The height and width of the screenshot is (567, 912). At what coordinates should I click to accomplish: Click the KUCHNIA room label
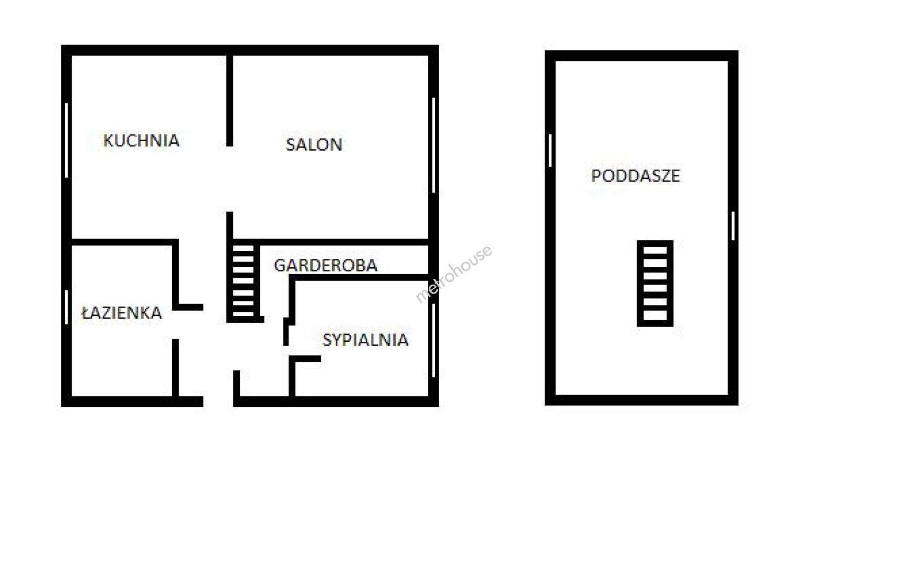click(x=141, y=141)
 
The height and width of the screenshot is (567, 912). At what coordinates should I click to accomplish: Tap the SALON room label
click(x=314, y=145)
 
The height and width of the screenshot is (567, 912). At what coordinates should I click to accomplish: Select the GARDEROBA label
click(x=325, y=265)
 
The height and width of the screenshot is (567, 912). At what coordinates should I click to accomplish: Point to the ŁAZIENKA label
click(x=122, y=313)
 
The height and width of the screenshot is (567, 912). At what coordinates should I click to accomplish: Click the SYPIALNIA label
click(x=365, y=340)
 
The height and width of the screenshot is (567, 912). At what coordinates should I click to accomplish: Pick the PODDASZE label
click(x=635, y=175)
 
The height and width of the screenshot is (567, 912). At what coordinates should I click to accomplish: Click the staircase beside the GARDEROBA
click(x=243, y=282)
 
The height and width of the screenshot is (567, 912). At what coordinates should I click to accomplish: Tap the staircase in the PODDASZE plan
click(x=655, y=283)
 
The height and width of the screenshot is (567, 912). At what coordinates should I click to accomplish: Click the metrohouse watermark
click(x=454, y=274)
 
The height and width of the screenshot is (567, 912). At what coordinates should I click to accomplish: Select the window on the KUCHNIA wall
click(x=67, y=140)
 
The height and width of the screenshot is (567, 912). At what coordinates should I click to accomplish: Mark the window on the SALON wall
click(x=433, y=145)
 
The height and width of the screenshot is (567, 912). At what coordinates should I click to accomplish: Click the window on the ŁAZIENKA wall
click(x=67, y=307)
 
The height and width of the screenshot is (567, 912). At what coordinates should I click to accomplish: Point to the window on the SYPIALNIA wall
click(x=433, y=341)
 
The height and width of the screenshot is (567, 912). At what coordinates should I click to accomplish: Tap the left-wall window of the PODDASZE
click(x=550, y=151)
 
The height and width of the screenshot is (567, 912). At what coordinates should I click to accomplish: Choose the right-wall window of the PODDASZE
click(x=733, y=226)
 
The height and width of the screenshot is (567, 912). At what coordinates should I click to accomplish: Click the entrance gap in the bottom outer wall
click(x=218, y=402)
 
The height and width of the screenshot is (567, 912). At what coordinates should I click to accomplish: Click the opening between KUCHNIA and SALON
click(x=230, y=179)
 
